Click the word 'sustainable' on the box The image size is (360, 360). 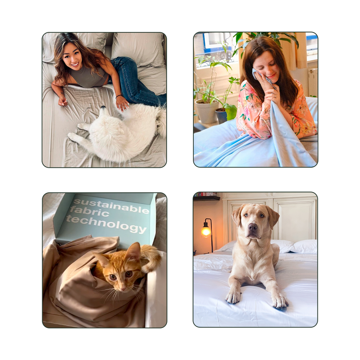click(x=111, y=206)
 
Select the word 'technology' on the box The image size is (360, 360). click(x=106, y=225)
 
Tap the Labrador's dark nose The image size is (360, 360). click(x=252, y=227)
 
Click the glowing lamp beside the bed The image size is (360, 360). click(x=206, y=231)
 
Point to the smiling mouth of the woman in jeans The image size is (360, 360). click(x=75, y=64)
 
